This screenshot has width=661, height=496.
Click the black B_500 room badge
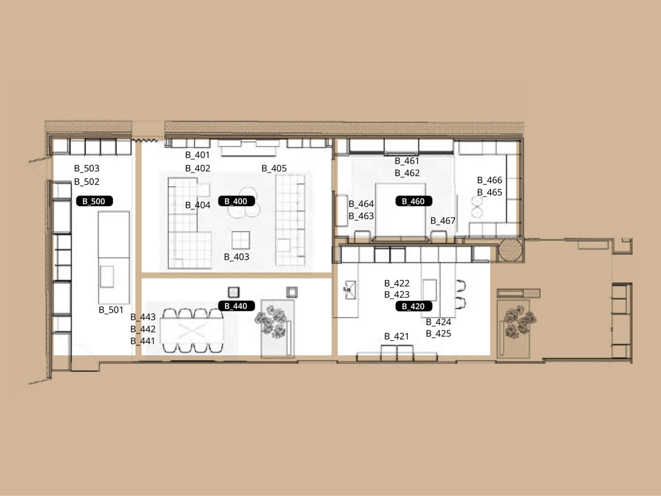94,201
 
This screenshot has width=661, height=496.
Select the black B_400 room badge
236,201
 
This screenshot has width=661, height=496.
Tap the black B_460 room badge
413,201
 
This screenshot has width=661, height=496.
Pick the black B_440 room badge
236,306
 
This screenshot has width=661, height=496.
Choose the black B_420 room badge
413,306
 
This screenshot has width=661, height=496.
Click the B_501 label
111,310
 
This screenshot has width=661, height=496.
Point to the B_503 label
87,168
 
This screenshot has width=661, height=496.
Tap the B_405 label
274,168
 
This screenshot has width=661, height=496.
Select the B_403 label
236,257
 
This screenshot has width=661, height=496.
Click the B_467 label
443,221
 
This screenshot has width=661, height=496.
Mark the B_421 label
396,336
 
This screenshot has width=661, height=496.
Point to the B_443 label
143,317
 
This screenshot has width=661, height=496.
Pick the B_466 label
490,180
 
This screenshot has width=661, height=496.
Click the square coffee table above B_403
241,240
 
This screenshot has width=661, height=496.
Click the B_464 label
361,204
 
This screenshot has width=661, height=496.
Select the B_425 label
438,333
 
